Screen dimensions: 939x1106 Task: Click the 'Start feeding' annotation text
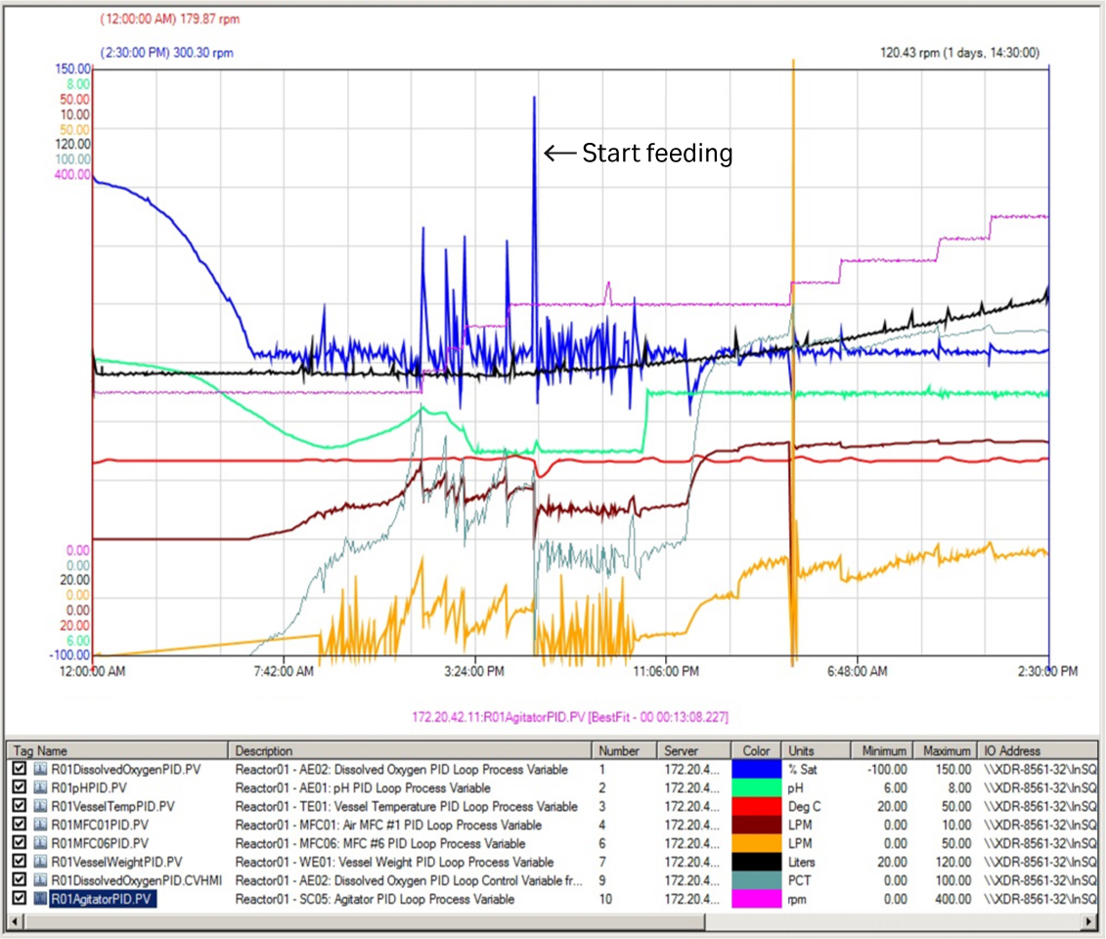(x=657, y=153)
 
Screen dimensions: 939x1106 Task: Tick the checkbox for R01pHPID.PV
(x=20, y=787)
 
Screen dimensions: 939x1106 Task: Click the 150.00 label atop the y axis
(x=73, y=69)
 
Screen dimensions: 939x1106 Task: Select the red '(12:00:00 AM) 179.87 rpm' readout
(x=170, y=19)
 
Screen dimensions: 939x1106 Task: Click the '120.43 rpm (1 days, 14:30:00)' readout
(x=959, y=53)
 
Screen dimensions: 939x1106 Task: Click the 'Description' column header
(x=264, y=750)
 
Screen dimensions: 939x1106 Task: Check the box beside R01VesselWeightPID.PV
(x=20, y=862)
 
